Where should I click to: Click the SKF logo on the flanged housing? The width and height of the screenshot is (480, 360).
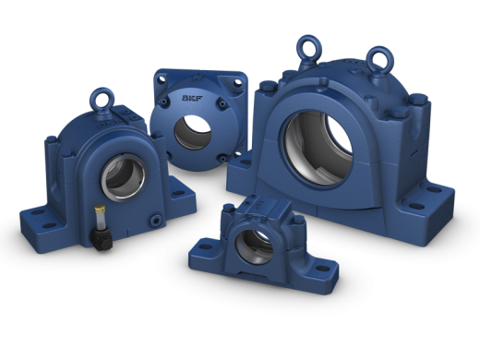click(192, 98)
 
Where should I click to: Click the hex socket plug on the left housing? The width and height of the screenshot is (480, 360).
click(156, 221)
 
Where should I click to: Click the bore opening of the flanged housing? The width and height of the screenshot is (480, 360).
click(193, 133)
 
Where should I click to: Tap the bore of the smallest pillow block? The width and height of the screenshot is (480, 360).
click(254, 246)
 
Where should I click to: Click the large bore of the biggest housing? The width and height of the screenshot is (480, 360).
click(318, 148)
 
